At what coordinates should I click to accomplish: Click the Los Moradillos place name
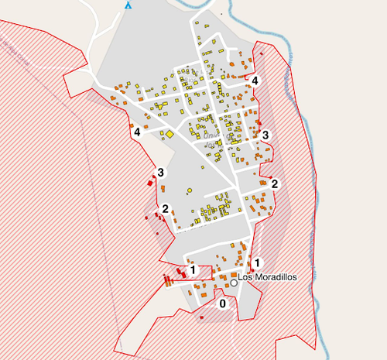click(x=268, y=276)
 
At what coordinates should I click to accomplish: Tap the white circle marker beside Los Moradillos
click(x=234, y=283)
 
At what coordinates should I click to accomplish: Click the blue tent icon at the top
click(x=128, y=4)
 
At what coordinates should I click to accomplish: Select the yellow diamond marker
click(x=169, y=134)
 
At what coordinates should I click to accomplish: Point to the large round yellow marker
click(x=190, y=190)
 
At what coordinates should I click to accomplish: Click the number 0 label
click(x=223, y=304)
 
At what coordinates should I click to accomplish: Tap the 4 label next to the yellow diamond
click(x=138, y=132)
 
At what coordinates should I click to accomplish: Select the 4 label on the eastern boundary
click(x=255, y=81)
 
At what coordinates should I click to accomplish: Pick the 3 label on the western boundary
click(x=161, y=172)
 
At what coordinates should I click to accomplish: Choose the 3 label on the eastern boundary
click(x=265, y=135)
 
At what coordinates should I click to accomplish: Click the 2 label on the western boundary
click(x=166, y=209)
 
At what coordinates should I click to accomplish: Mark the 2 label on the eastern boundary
click(x=274, y=183)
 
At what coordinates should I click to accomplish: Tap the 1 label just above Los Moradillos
click(x=257, y=262)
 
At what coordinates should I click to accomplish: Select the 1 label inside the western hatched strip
click(x=193, y=270)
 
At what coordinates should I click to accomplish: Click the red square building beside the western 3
click(x=151, y=183)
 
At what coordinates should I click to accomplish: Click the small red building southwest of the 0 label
click(x=202, y=317)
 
